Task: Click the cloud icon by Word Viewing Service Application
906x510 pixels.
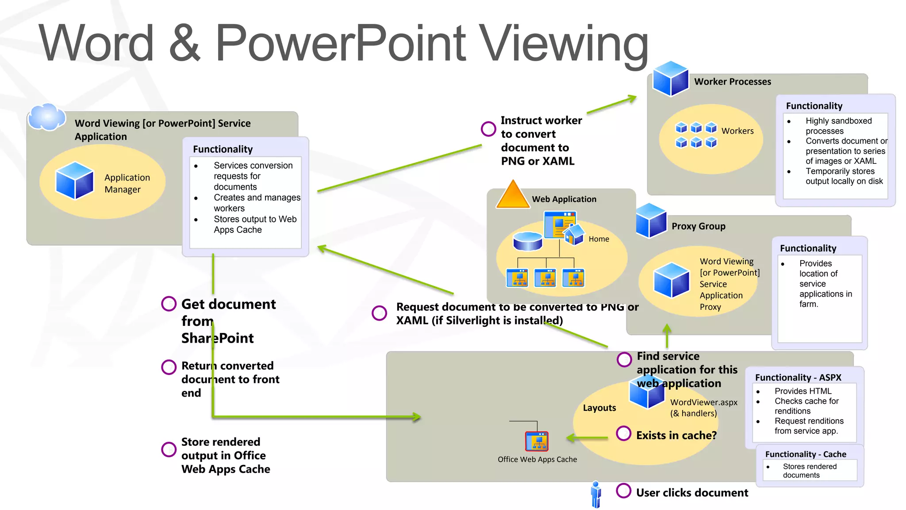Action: tap(46, 117)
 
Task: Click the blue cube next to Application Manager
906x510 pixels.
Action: tap(74, 181)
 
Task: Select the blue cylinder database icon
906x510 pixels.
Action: tap(527, 241)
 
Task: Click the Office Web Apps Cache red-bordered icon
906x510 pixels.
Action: tap(537, 441)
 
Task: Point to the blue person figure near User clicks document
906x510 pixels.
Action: tap(596, 494)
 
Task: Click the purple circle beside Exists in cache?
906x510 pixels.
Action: tap(623, 433)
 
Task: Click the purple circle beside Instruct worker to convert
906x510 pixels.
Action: tap(488, 129)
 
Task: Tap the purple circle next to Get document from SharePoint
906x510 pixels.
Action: tap(169, 304)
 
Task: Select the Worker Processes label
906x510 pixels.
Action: tap(732, 82)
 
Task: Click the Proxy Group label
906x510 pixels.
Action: tap(698, 226)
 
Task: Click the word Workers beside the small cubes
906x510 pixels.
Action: tap(737, 131)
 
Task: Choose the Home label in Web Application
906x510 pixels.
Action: tap(599, 239)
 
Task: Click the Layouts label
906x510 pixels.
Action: tap(599, 408)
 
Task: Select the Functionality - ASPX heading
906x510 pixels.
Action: tap(798, 378)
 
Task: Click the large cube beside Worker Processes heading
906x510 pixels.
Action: tap(671, 79)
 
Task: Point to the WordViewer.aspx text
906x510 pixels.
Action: tap(703, 402)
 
